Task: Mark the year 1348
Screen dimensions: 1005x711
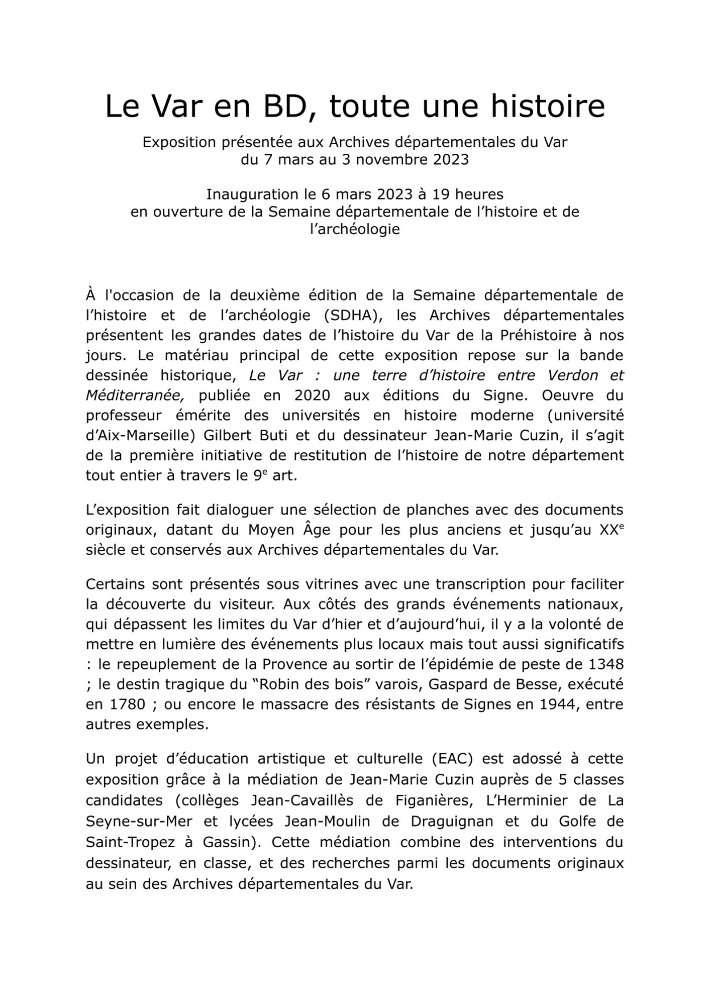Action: [605, 664]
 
